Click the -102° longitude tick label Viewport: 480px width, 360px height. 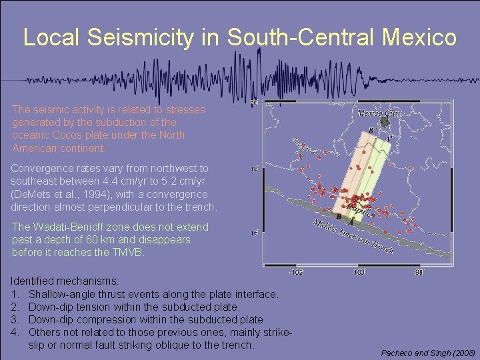[x=295, y=272]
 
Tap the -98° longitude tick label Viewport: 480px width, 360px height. [x=418, y=272]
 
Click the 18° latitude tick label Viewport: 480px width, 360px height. [x=253, y=169]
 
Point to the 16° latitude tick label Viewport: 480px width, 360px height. [x=253, y=233]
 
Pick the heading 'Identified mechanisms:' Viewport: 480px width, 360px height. [x=64, y=282]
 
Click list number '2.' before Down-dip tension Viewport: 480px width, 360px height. [x=15, y=307]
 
